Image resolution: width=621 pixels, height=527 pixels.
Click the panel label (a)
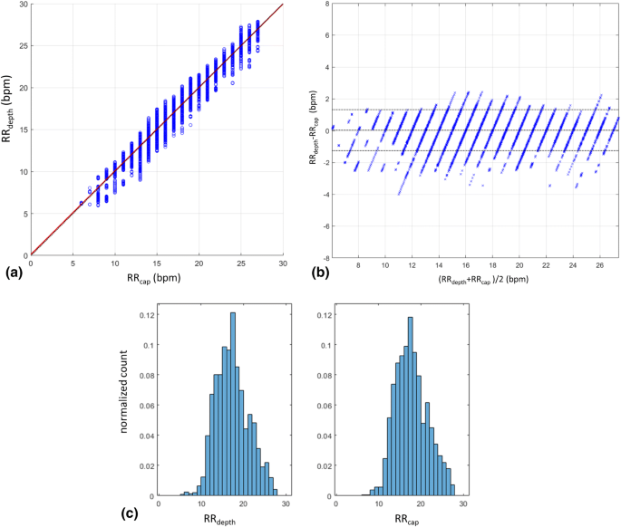tap(13, 271)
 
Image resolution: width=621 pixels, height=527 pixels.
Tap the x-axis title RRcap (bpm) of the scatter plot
tap(155, 278)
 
